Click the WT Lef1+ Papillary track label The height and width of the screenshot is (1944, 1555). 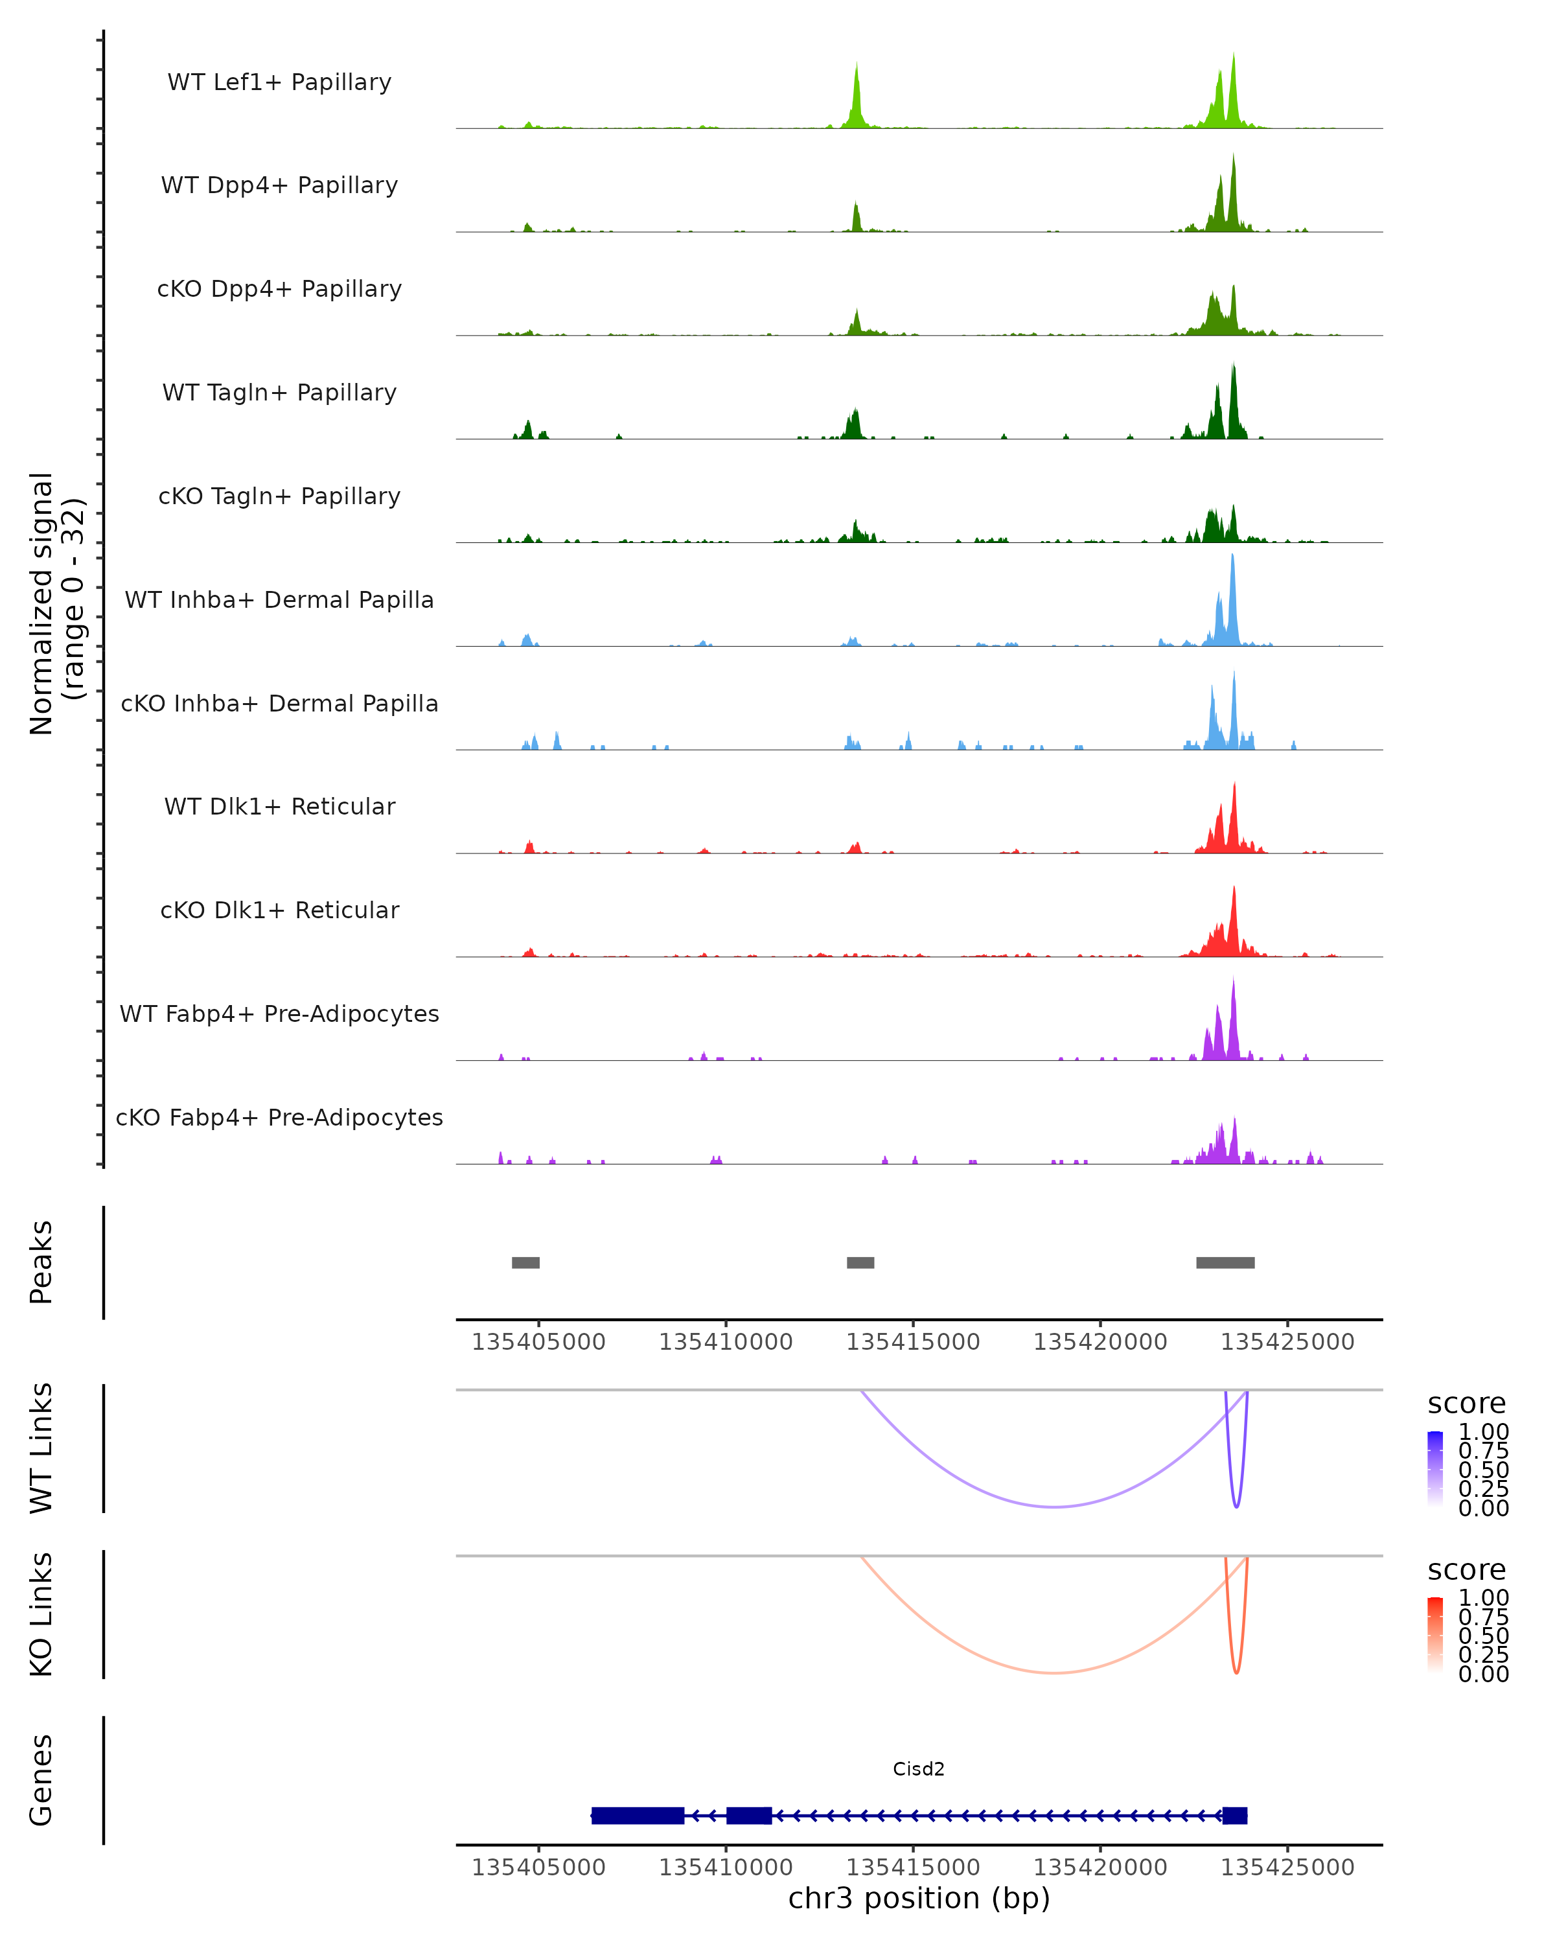tap(279, 82)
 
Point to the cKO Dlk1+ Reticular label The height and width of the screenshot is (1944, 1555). tap(279, 910)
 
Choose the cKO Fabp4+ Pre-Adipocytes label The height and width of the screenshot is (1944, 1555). tap(279, 1117)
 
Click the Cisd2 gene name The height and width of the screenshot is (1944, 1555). tap(919, 1768)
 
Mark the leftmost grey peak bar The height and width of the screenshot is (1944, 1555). tap(525, 1262)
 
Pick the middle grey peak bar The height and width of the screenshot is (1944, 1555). tap(860, 1262)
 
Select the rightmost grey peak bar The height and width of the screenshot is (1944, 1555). tap(1225, 1262)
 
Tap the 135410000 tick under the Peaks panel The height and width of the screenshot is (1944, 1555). tap(726, 1342)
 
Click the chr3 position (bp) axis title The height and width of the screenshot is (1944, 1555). tap(919, 1898)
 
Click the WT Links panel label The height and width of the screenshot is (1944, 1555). tap(41, 1448)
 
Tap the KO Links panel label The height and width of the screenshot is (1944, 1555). tap(41, 1614)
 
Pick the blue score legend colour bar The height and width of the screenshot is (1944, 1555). tap(1435, 1469)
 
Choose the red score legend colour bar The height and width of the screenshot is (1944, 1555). tap(1435, 1635)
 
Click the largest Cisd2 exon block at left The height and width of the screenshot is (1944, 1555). tap(638, 1816)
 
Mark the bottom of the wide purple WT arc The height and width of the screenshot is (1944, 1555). tap(1054, 1507)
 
